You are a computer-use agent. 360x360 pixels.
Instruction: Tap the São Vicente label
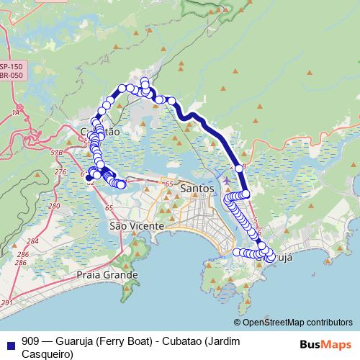point(137,226)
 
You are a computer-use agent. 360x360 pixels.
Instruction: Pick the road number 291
point(6,303)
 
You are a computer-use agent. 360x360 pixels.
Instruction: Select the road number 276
point(60,172)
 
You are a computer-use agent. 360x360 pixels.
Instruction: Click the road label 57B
point(57,153)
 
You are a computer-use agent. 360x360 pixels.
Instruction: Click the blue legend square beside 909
point(9,341)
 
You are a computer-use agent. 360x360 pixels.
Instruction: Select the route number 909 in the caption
point(31,341)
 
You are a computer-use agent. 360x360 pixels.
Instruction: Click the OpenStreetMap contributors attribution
point(295,323)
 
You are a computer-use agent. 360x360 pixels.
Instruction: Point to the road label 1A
point(15,113)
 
